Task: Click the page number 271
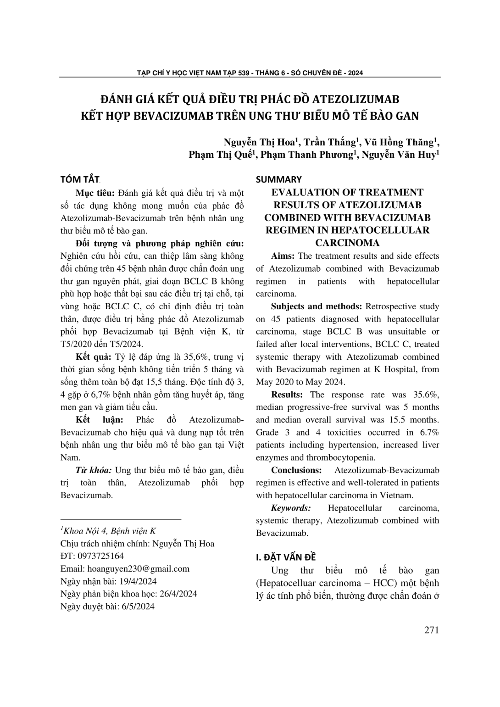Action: [431, 629]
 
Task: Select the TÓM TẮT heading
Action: [80, 179]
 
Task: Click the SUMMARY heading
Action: [279, 179]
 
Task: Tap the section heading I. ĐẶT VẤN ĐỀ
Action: [286, 557]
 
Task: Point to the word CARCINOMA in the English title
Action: [347, 243]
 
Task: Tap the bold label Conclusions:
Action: [296, 470]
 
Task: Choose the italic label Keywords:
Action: [291, 508]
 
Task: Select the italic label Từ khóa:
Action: [93, 470]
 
